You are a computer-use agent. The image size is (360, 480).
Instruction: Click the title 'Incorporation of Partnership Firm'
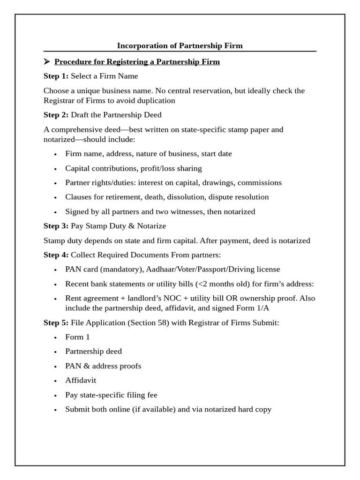180,45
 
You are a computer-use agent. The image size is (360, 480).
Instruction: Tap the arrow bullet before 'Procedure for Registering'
47,61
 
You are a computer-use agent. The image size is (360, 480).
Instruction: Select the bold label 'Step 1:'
56,76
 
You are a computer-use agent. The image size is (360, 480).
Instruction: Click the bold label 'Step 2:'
56,115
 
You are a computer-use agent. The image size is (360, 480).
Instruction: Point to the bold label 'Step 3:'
56,226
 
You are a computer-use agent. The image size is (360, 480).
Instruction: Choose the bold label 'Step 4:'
56,255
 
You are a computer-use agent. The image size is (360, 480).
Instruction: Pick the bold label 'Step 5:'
56,322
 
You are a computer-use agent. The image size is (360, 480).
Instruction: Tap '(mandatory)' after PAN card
122,269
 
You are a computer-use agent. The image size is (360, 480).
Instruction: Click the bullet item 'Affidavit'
81,380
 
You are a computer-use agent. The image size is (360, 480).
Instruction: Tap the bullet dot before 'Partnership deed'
55,352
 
